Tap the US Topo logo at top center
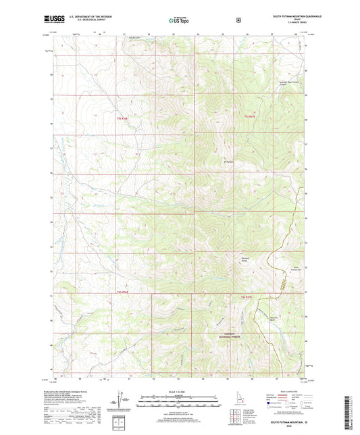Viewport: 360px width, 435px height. point(178,20)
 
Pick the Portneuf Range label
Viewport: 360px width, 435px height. point(245,259)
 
